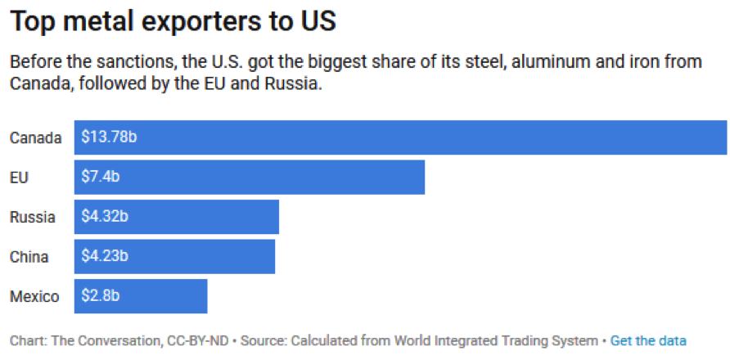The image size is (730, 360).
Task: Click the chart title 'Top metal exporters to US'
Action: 173,21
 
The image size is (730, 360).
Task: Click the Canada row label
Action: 35,137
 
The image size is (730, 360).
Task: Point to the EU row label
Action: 19,177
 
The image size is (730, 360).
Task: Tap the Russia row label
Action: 32,217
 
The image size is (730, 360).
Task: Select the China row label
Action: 29,256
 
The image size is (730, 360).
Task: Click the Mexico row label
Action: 34,296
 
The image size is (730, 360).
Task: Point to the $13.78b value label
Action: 109,137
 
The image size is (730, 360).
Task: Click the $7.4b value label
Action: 101,177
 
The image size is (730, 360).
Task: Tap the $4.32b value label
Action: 105,217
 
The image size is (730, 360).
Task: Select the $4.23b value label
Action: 105,256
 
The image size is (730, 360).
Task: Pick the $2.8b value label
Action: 101,296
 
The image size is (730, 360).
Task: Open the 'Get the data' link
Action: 648,340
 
